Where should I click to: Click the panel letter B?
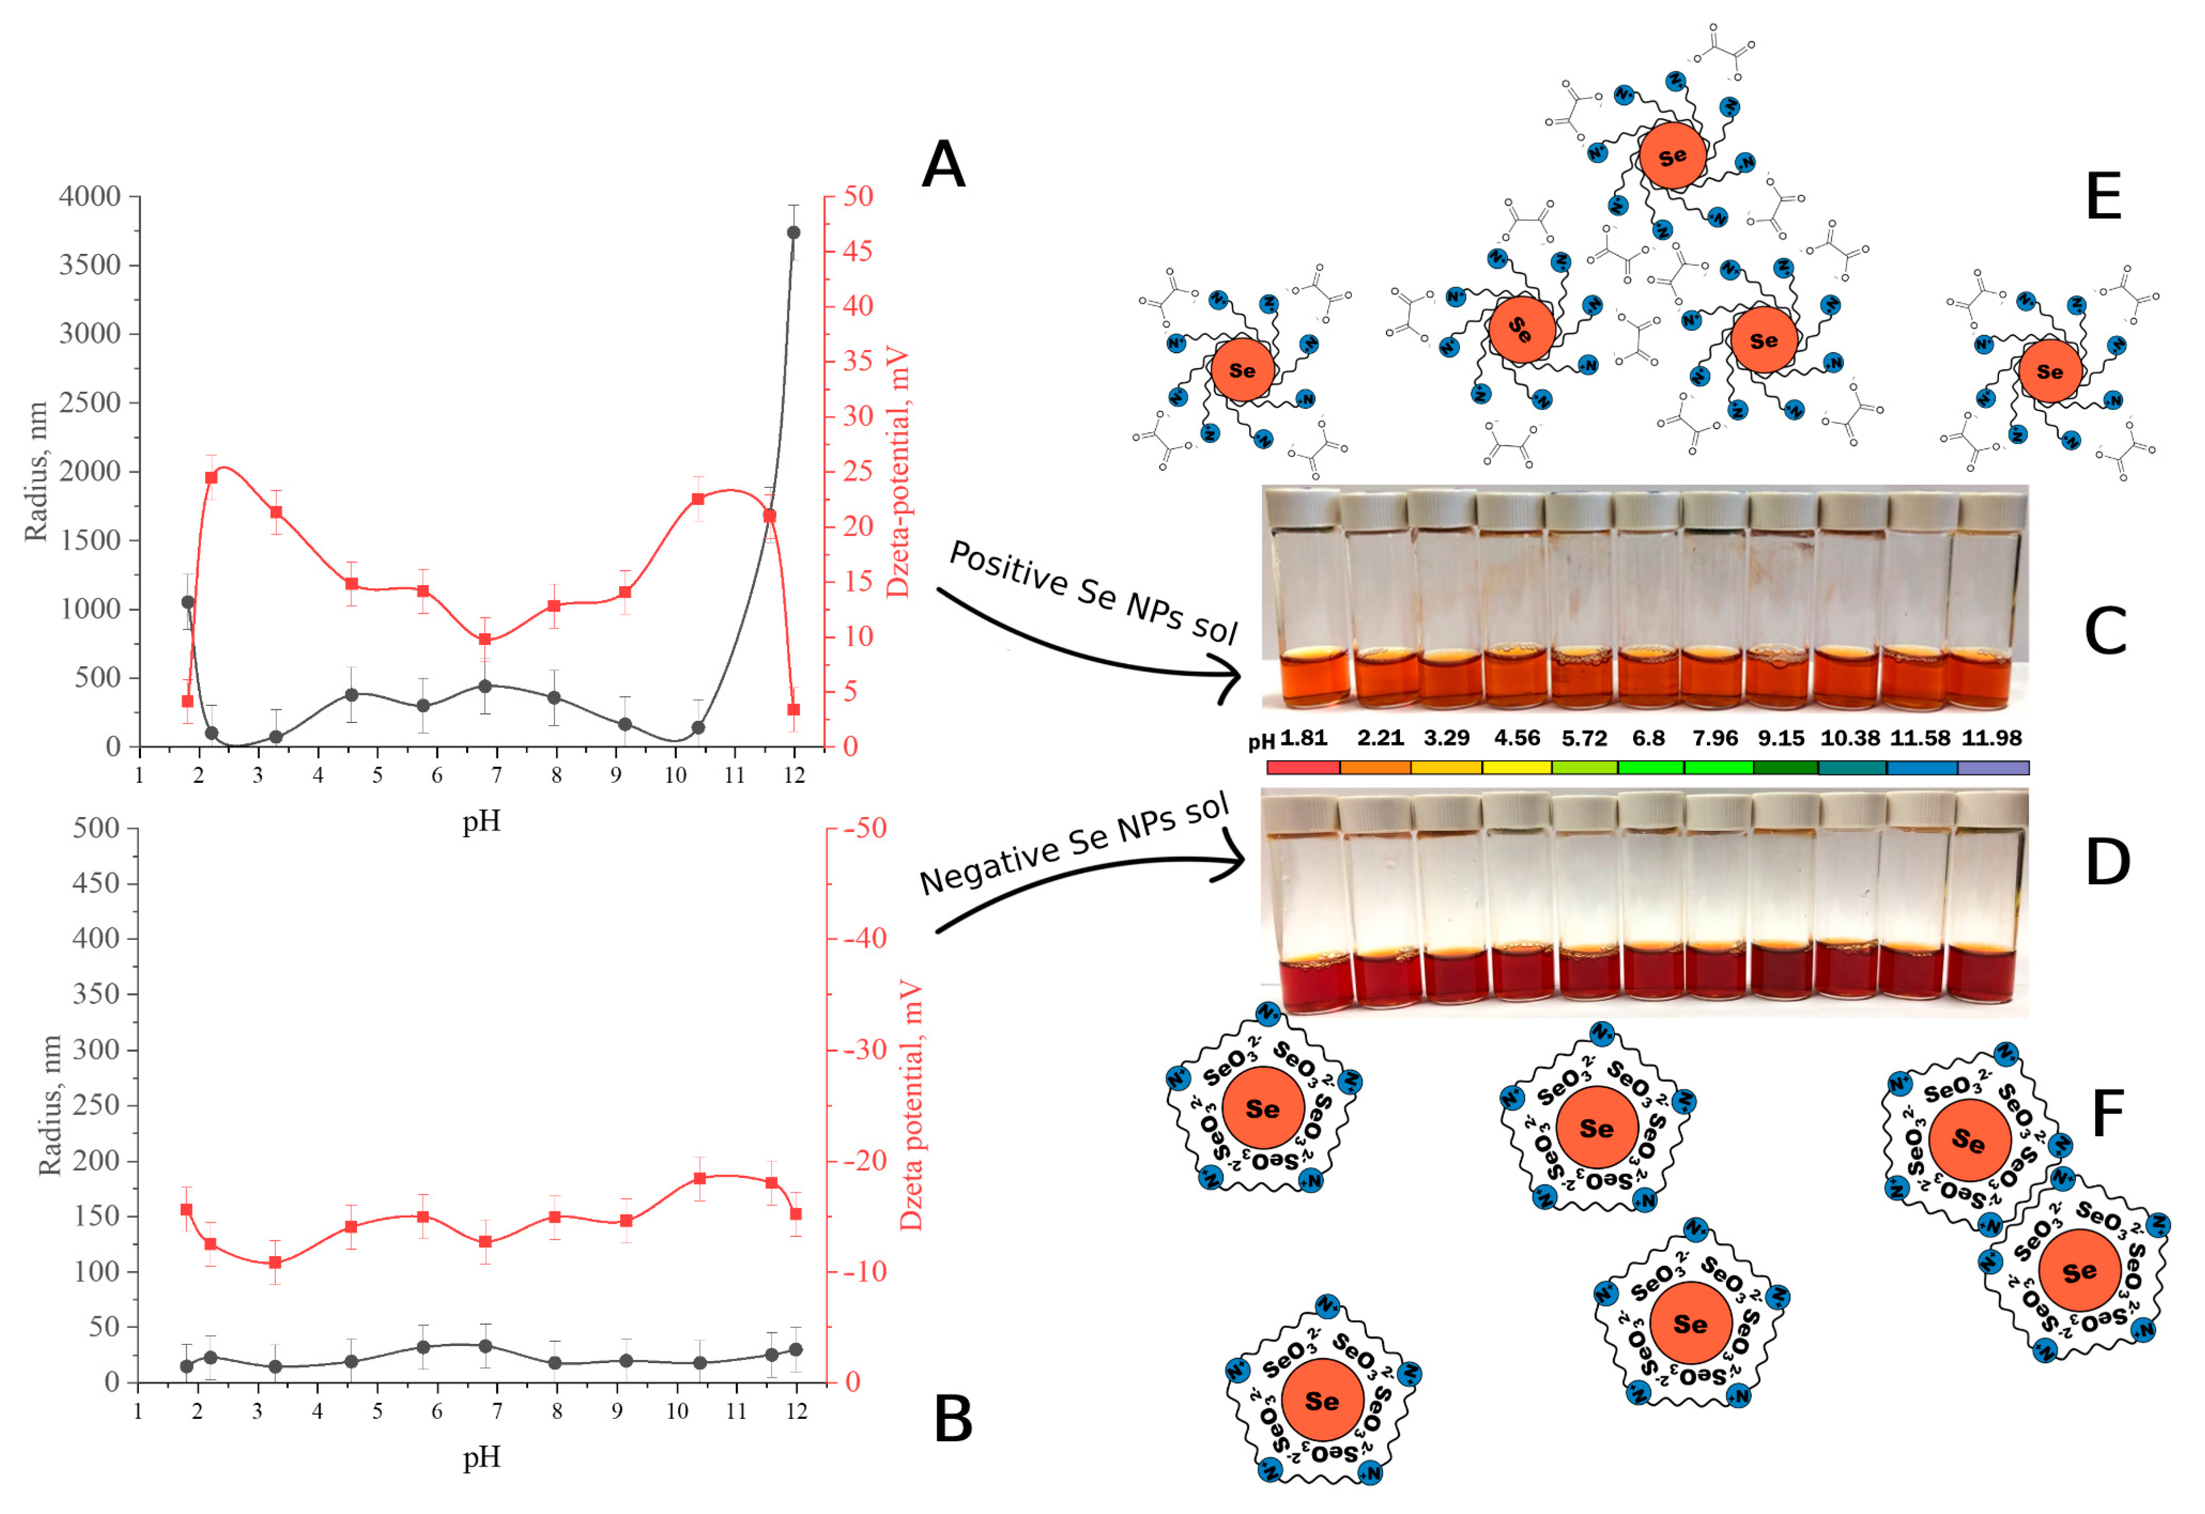tap(953, 1420)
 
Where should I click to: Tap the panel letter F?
tap(2107, 1114)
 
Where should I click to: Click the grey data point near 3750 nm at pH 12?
tap(793, 232)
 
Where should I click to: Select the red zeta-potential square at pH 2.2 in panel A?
tap(212, 477)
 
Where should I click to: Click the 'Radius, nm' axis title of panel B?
tap(49, 1105)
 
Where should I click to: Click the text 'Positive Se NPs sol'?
tap(1093, 592)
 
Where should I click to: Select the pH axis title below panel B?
tap(481, 1457)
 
